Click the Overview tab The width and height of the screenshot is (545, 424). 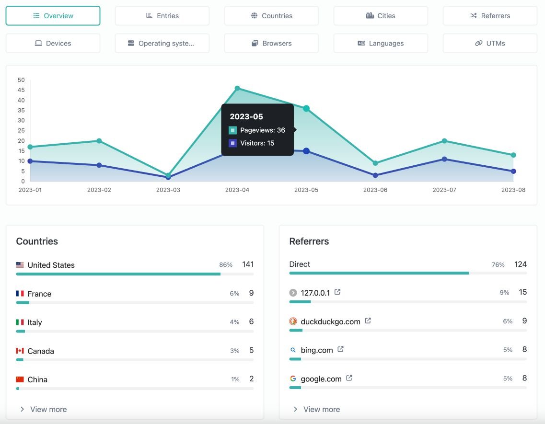click(53, 16)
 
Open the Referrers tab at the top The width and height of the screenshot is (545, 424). click(490, 16)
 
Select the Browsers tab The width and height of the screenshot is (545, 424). click(271, 43)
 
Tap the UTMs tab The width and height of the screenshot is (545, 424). click(490, 43)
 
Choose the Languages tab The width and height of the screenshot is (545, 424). click(381, 43)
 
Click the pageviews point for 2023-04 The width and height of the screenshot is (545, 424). click(237, 88)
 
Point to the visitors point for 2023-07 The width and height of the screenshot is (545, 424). click(444, 159)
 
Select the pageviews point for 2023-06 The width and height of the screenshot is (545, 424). click(375, 163)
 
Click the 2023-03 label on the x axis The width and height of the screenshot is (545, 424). click(168, 190)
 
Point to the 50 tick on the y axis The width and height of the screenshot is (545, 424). click(21, 80)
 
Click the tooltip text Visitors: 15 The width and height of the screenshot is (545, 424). click(257, 143)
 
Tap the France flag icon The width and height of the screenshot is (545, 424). click(20, 294)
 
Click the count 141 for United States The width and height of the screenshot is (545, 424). click(248, 264)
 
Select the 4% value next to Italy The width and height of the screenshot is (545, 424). click(234, 322)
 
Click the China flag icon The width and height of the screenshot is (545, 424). click(20, 379)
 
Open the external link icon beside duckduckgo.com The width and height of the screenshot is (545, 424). click(368, 321)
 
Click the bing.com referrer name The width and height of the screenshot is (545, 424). click(316, 350)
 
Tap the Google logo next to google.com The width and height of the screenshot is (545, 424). click(293, 378)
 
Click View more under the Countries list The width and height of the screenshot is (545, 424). click(48, 409)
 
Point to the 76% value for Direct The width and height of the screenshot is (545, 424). click(498, 264)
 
